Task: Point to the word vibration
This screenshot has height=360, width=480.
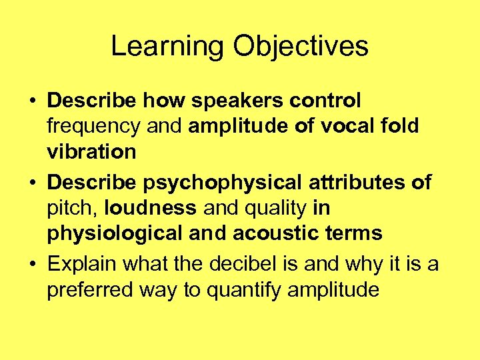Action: tap(91, 152)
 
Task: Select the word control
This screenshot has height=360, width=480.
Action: tap(325, 101)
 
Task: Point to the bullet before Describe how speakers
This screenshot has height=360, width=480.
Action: tap(33, 102)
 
